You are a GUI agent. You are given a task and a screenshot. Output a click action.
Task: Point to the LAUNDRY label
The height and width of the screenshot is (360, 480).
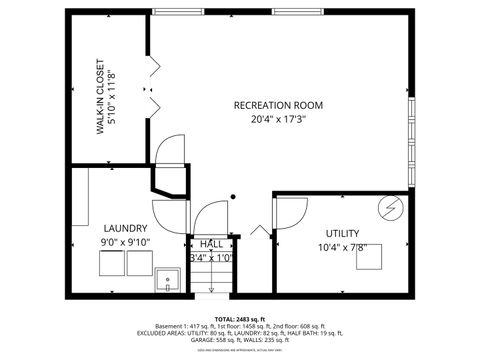tap(124, 228)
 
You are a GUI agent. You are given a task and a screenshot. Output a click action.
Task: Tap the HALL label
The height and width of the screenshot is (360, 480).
tap(211, 244)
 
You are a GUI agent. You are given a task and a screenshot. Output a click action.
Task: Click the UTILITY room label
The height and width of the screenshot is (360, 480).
tap(343, 233)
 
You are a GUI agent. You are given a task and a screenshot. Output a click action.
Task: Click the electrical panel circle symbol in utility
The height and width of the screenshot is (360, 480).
tap(390, 209)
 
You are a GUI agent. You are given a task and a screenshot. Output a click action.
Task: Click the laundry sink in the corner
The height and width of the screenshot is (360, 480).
tap(167, 279)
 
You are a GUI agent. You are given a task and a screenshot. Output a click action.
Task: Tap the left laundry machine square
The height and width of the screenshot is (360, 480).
tap(111, 264)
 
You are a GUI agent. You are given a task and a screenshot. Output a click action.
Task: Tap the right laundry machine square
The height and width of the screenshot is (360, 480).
tap(137, 264)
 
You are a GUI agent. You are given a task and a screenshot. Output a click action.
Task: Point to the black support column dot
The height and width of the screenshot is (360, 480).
tap(233, 196)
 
